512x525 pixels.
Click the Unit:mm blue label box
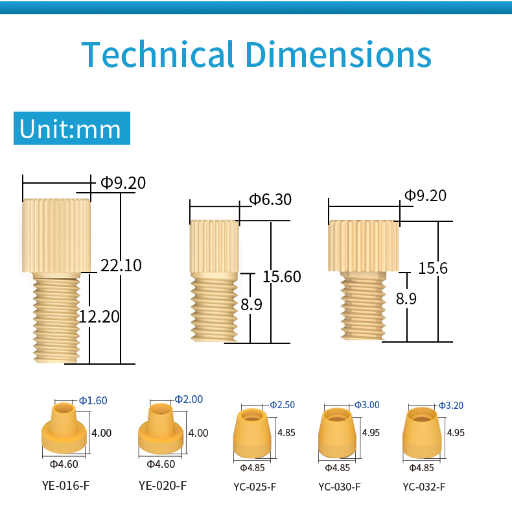72,128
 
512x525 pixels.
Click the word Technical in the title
157,54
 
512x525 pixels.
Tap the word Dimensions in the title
338,54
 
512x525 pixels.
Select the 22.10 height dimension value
121,265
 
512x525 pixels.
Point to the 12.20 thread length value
99,317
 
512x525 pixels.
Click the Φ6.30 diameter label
270,200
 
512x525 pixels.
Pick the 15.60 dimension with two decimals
282,276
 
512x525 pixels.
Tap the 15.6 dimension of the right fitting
433,268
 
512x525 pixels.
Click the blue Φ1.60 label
93,400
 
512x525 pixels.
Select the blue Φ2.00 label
189,399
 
